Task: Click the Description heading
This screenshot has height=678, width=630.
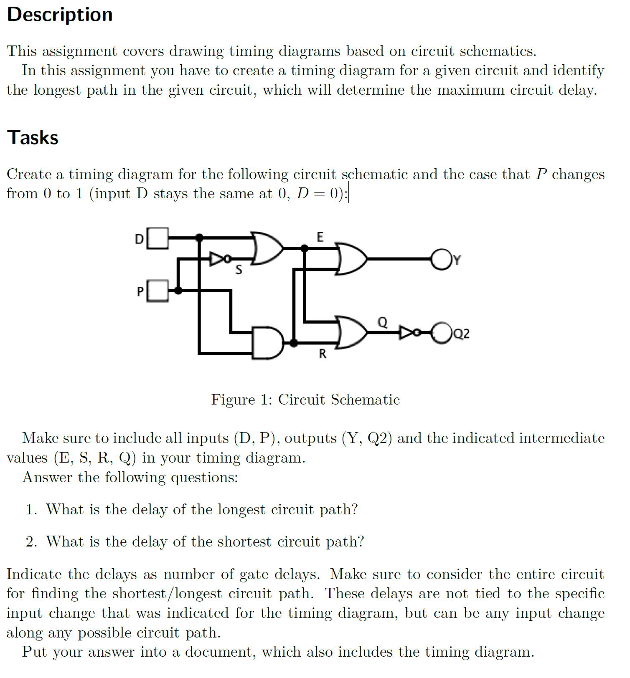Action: (x=60, y=15)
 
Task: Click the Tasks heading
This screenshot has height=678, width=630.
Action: (x=33, y=138)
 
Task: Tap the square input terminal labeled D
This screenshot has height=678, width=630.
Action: (x=158, y=238)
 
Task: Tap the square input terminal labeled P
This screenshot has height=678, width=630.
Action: (x=158, y=291)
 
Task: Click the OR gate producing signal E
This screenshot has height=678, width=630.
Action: (x=267, y=248)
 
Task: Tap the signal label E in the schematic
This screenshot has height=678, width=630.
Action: (x=320, y=237)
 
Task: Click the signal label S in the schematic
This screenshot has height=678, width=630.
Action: (x=239, y=270)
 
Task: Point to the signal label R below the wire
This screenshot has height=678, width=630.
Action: (x=323, y=354)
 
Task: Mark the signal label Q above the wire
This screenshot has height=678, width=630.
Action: (x=382, y=322)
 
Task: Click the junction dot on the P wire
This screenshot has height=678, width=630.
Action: (x=178, y=291)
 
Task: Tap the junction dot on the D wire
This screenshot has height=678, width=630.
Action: (x=199, y=238)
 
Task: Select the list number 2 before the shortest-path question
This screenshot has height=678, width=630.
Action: (x=31, y=541)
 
